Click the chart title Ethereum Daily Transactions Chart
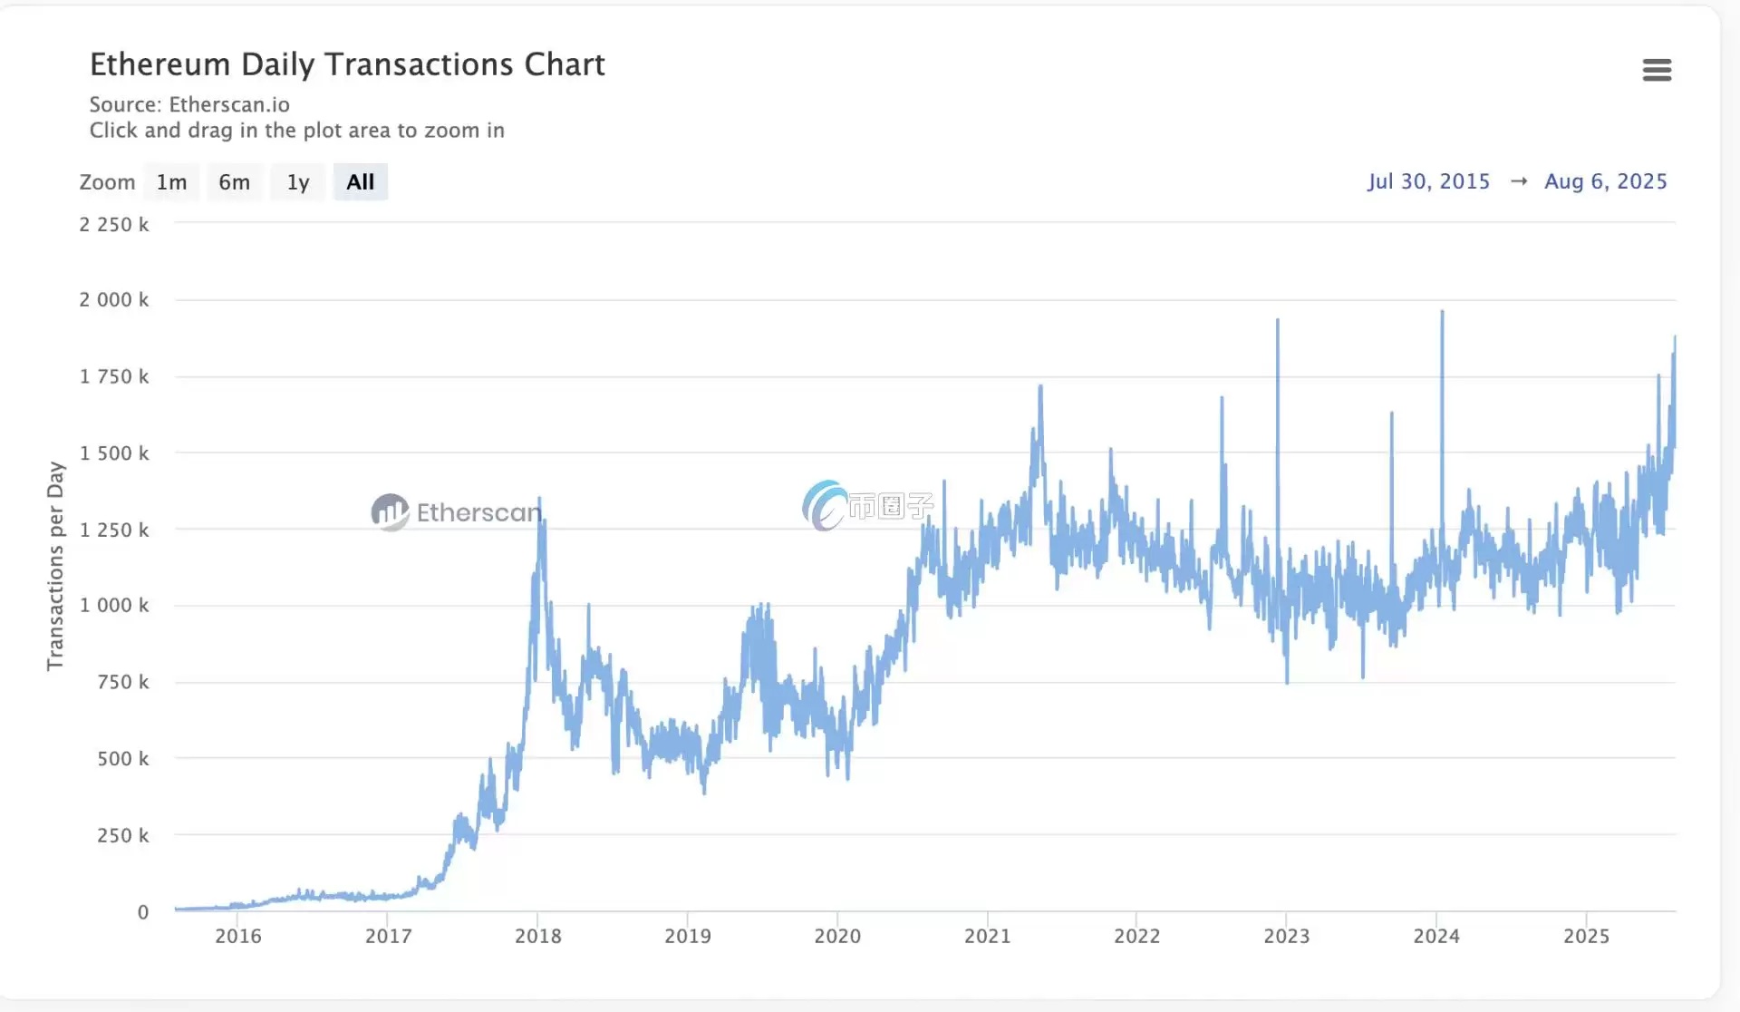pos(347,64)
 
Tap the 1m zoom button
pos(171,182)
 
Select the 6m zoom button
pos(234,182)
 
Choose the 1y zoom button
pos(298,182)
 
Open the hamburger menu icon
pos(1657,70)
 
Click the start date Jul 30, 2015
pos(1428,181)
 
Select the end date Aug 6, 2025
pos(1605,181)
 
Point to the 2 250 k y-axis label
pos(114,224)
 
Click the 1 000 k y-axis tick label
pos(114,605)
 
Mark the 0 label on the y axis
pos(142,912)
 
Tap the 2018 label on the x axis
pos(538,936)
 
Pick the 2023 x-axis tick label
pos(1287,936)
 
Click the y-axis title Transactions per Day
pos(55,565)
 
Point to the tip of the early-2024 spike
pos(1442,312)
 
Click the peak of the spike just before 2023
pos(1278,320)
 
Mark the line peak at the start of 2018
pos(540,498)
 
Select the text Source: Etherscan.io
pos(189,104)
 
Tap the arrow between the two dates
pos(1519,181)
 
